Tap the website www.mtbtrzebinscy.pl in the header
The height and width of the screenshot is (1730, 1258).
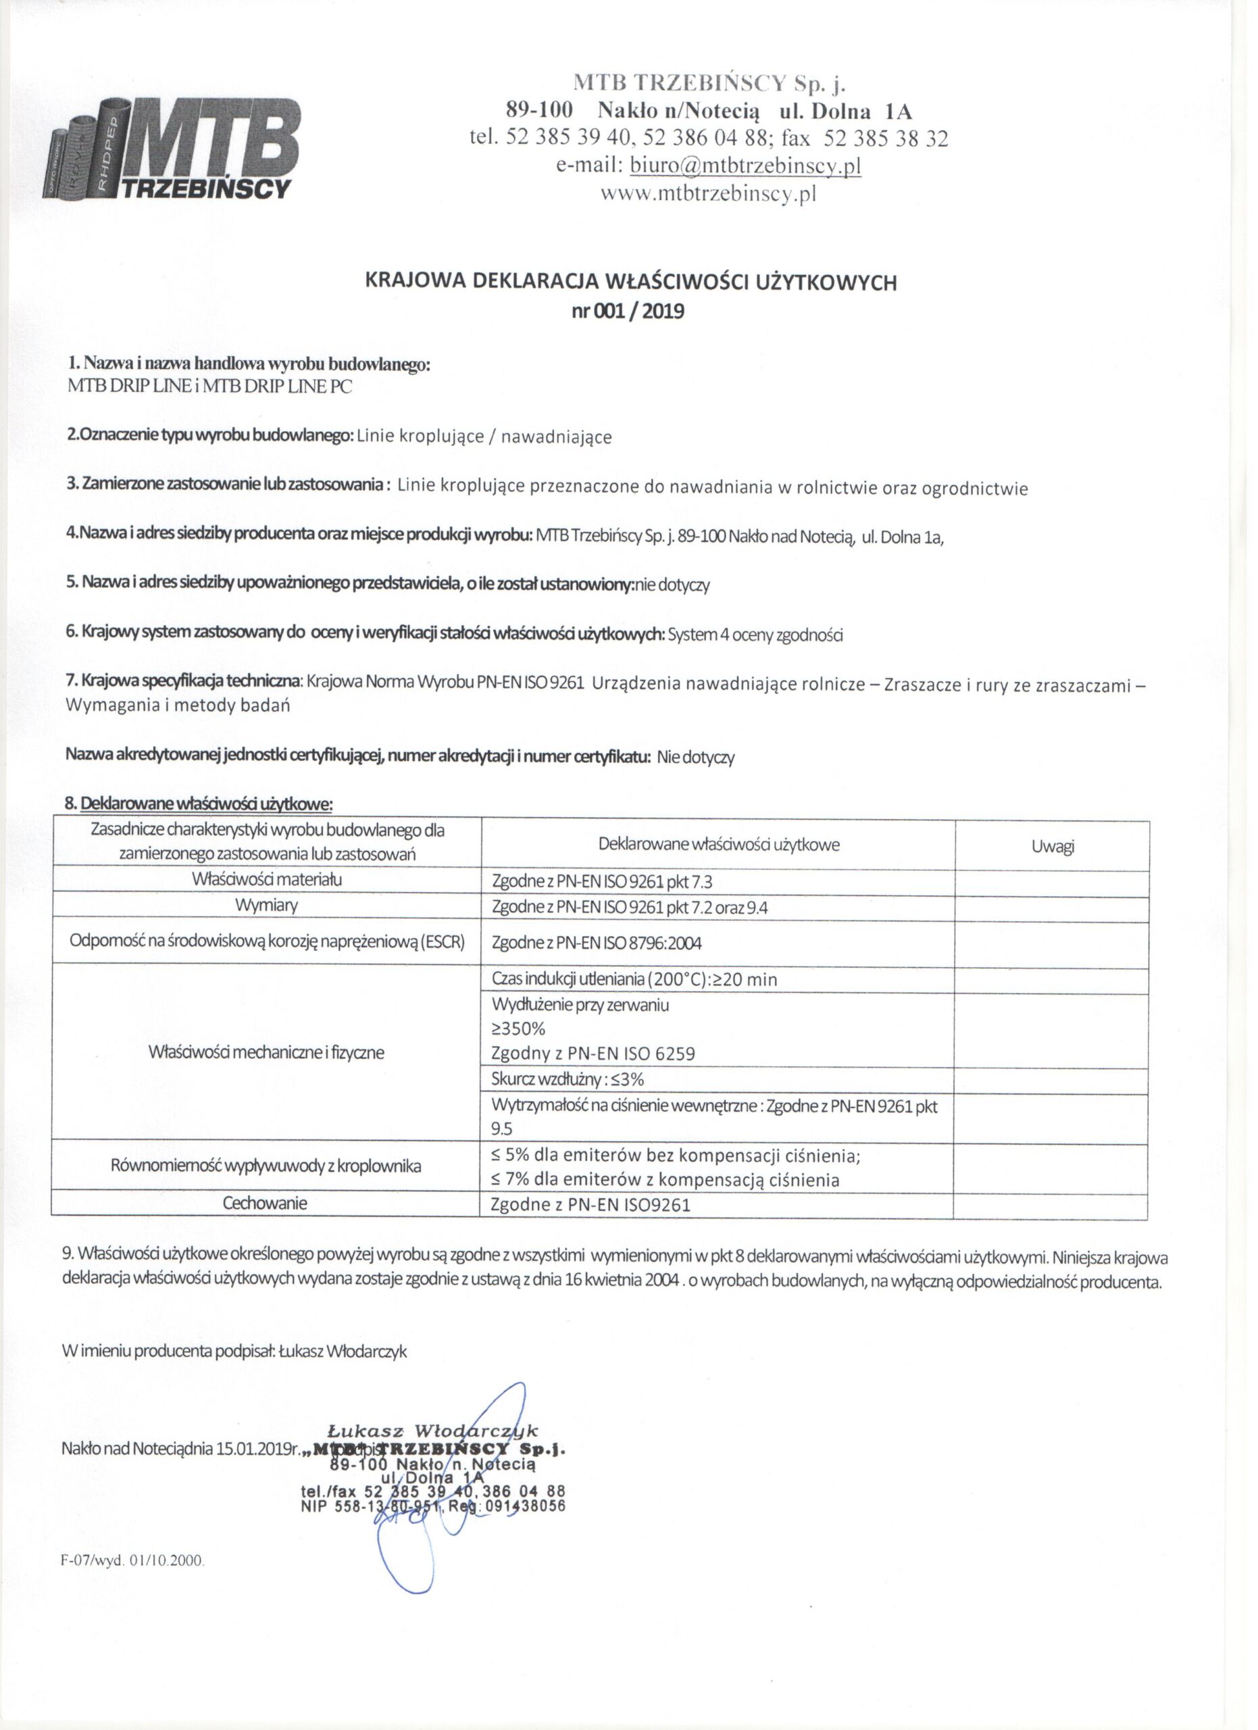(708, 195)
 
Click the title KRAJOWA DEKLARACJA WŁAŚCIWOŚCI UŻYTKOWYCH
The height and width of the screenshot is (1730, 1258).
(631, 283)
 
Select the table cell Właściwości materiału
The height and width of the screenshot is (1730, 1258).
(267, 879)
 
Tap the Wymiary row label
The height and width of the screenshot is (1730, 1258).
(266, 906)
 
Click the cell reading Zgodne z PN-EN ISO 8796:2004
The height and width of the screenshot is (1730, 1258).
(597, 943)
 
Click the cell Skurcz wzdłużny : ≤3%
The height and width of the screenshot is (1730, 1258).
(569, 1079)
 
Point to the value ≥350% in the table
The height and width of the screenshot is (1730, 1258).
(519, 1029)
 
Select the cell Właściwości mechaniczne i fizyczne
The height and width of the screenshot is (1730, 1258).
(266, 1053)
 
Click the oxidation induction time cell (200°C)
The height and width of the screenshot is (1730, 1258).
(634, 979)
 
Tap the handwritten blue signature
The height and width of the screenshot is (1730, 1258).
(443, 1518)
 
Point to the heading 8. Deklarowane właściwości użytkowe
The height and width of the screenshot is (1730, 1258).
(200, 804)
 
